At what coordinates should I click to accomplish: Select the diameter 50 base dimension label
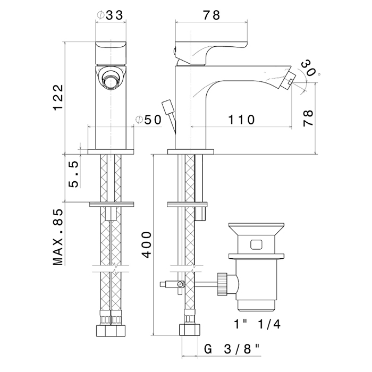click(x=148, y=120)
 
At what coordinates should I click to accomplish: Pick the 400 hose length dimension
click(x=148, y=245)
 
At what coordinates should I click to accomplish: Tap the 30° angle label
click(x=309, y=68)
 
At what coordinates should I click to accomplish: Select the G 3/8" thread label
click(x=232, y=349)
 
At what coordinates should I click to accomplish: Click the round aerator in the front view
click(x=111, y=81)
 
